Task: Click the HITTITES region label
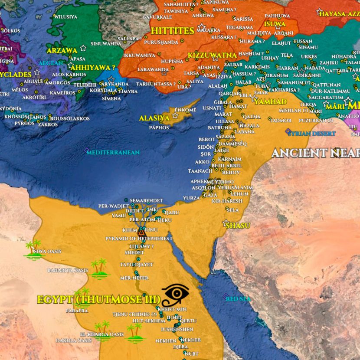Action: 172,30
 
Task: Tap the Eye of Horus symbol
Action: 176,293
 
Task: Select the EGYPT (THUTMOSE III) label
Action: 98,299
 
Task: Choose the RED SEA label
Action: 238,299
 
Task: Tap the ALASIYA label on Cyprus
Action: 154,118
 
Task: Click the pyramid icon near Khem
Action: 141,233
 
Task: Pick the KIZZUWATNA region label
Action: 212,56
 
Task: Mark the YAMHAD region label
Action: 270,101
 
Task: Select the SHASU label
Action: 238,225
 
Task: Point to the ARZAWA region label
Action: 62,50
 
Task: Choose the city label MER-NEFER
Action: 134,278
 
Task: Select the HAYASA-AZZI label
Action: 339,14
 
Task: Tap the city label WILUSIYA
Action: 65,17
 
